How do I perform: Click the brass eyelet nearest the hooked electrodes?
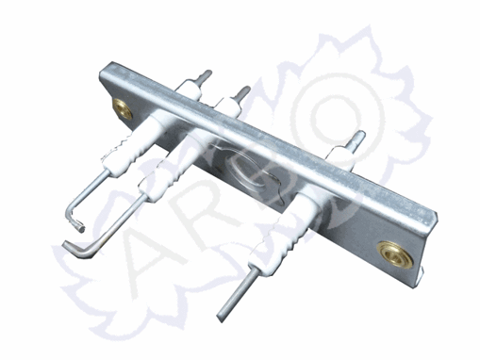123,108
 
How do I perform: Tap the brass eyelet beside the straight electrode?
395,254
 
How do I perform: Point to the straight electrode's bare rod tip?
221,317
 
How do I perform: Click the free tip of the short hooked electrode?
82,228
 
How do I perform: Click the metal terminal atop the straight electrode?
356,140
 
